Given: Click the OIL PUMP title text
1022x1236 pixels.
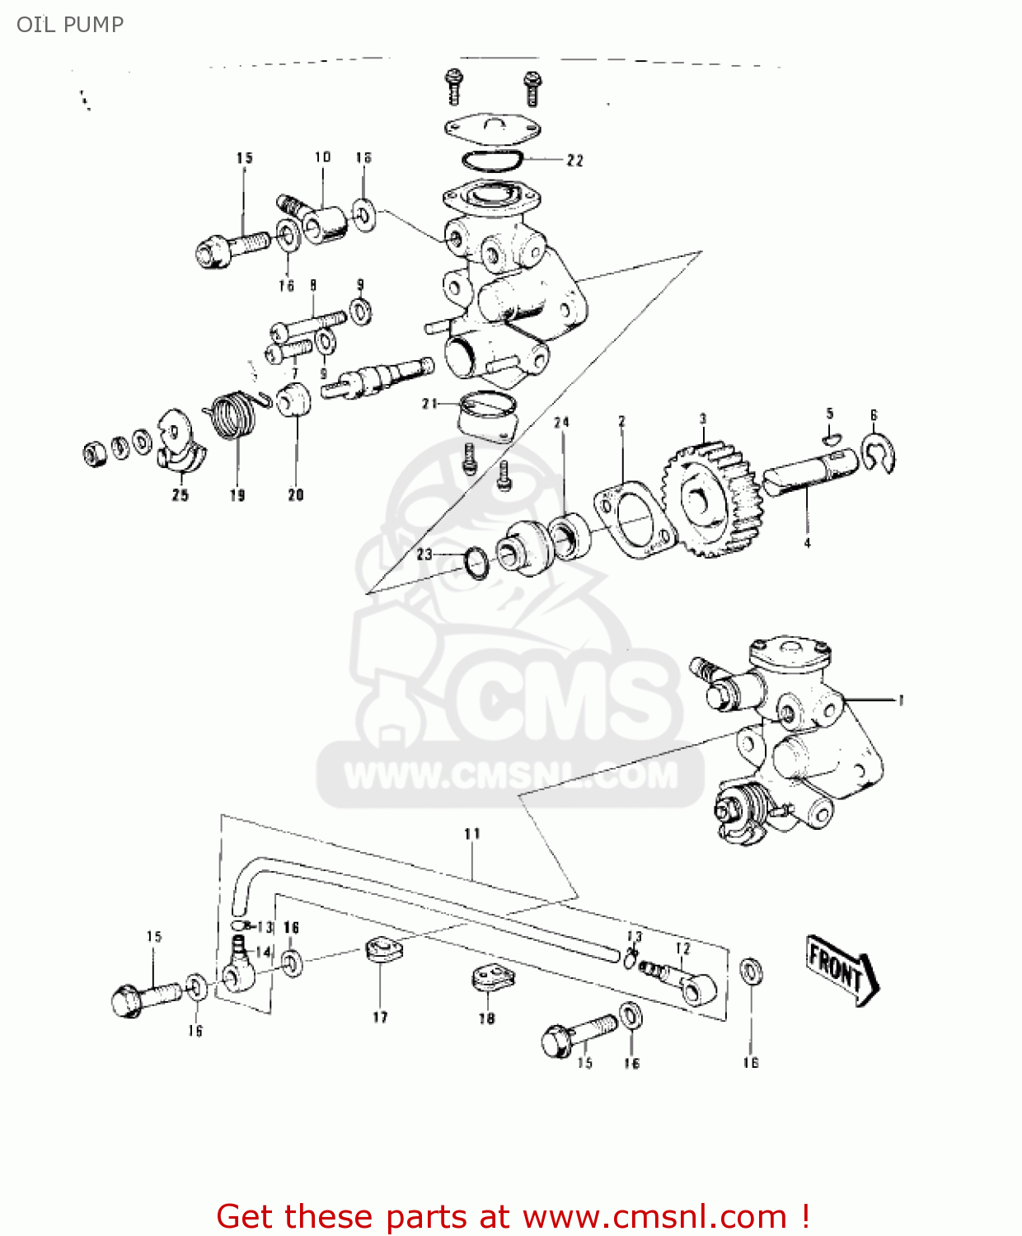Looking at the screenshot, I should coord(70,25).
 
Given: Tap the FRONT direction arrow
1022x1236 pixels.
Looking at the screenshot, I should coord(842,969).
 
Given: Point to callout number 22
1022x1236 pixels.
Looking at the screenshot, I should coord(574,161).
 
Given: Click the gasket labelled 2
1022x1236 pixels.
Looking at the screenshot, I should coord(635,520).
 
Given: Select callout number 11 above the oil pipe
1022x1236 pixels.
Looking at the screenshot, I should coord(472,834).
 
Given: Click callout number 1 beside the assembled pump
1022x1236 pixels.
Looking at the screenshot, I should coord(901,700).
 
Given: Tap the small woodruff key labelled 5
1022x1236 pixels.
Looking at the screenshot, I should coord(833,437).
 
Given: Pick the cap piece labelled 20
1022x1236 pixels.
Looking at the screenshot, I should coord(293,400).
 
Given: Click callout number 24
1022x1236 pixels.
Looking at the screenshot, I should coord(561,423).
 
